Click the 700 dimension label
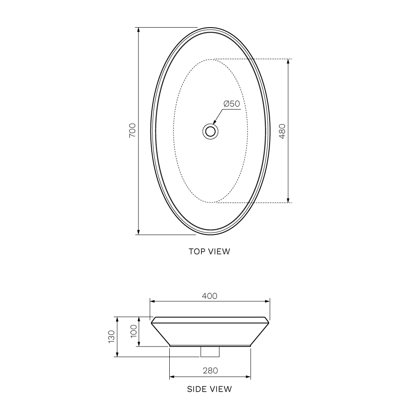point(133,130)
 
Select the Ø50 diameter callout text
point(232,103)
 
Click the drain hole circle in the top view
point(210,131)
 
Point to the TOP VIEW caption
point(209,251)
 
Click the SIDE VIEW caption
point(209,389)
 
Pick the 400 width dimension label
point(209,296)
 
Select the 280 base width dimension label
point(210,370)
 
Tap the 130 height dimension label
point(112,336)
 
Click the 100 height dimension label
point(134,331)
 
